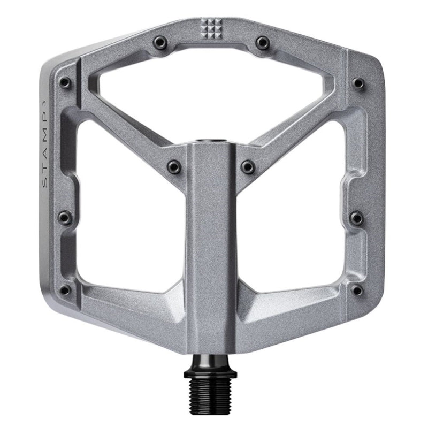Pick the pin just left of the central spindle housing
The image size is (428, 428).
(173, 166)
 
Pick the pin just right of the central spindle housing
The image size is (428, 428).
(247, 166)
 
